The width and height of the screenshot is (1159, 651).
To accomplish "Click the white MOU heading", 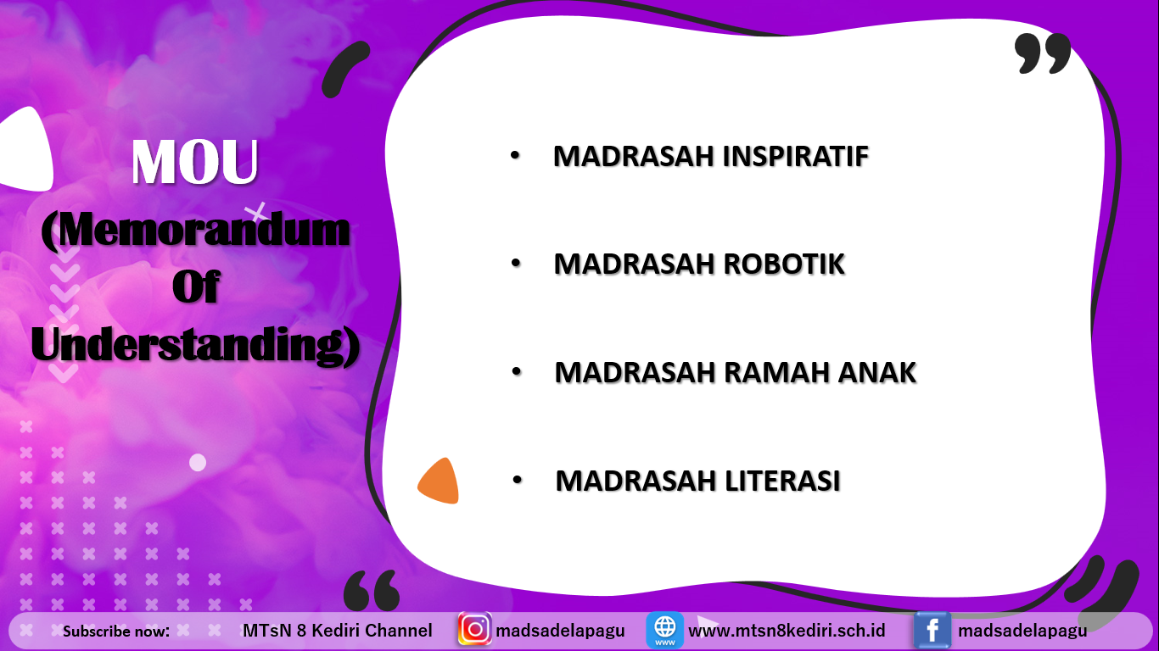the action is tap(194, 161).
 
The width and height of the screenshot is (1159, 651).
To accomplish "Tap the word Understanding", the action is tap(189, 344).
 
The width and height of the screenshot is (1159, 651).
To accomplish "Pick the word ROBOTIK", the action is tap(784, 264).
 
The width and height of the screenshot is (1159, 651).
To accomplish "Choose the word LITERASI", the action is tap(782, 481).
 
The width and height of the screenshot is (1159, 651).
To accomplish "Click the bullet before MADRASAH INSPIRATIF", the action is tap(515, 155).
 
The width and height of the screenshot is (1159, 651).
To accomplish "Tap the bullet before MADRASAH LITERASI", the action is tap(517, 480).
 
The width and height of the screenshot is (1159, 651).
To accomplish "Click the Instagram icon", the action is tap(474, 629).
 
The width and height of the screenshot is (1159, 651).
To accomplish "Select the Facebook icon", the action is tap(932, 631).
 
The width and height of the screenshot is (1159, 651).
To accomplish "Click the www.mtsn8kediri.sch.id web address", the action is tap(787, 631).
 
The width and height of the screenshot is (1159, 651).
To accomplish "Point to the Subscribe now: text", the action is tap(116, 632).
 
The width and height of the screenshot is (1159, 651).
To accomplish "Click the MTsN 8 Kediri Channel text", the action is tap(338, 631).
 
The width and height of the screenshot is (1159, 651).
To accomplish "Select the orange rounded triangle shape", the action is tap(439, 481).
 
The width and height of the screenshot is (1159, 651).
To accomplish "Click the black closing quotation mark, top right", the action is tap(1042, 53).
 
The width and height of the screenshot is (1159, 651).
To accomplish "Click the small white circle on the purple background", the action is tap(198, 462).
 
